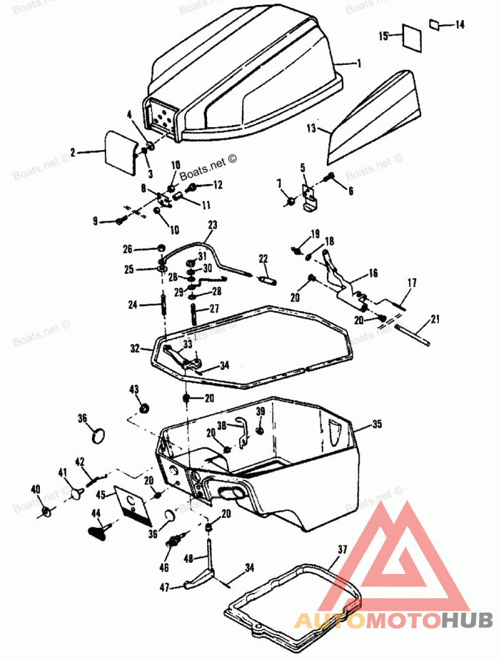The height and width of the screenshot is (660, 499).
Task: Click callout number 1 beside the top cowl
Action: point(359,64)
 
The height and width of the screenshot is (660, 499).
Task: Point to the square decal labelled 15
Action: point(411,37)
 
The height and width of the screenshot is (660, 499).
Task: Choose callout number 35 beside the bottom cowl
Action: point(376,425)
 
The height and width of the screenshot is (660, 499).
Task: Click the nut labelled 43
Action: point(144,409)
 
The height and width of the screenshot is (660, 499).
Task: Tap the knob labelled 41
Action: point(77,493)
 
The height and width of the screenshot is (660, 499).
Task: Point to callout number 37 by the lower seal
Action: point(341,549)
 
